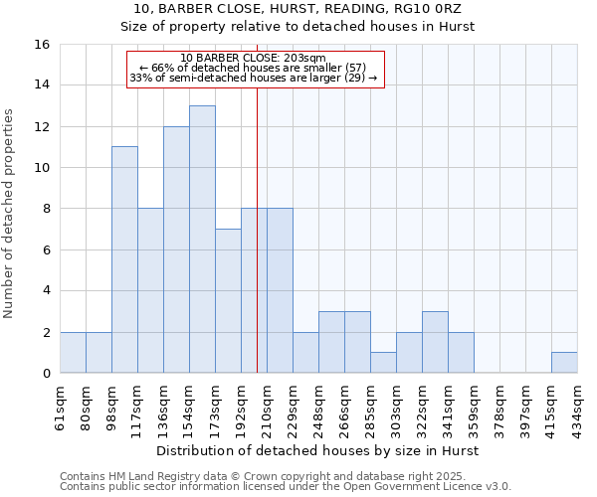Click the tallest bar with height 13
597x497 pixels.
point(202,239)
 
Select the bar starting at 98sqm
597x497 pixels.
point(124,258)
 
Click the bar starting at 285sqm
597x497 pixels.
point(383,363)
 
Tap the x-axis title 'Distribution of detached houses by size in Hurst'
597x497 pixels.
point(318,451)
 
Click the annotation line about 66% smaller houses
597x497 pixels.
point(254,68)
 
